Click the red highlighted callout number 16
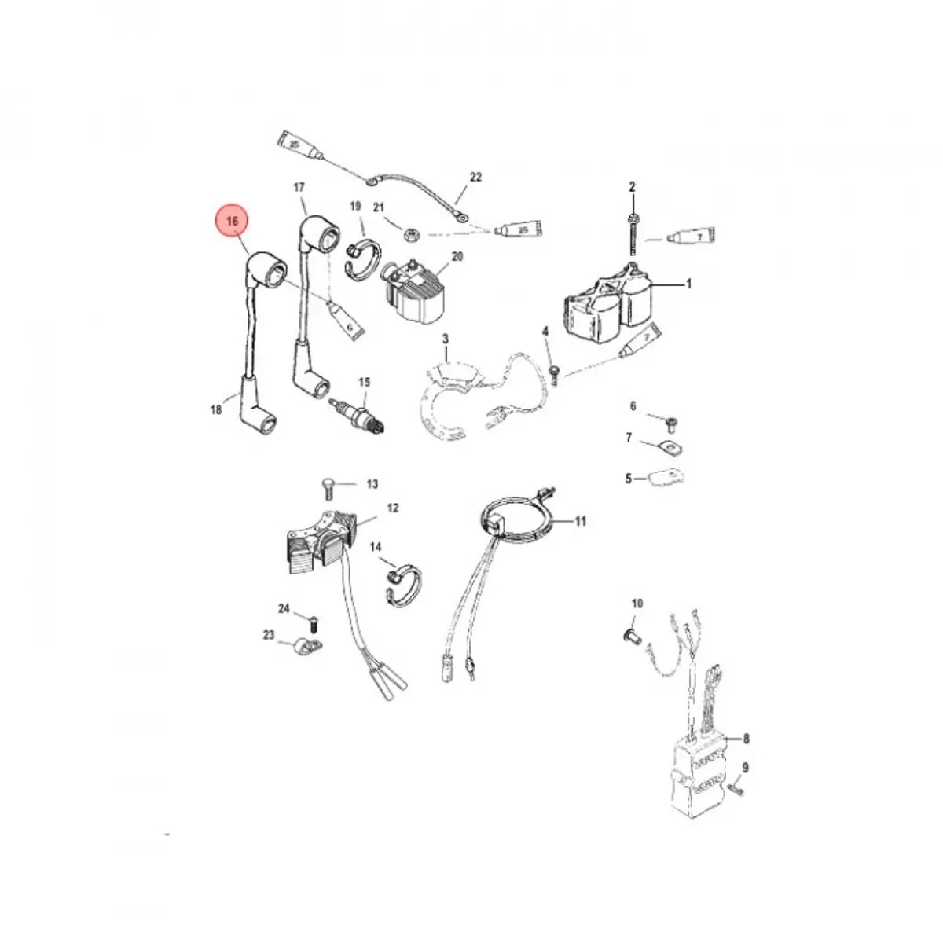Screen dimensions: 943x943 232,222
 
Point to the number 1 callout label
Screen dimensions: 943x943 689,284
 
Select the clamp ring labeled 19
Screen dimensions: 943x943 362,259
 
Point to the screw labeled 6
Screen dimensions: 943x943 670,425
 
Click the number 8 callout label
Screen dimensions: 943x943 746,739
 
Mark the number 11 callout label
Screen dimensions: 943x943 581,521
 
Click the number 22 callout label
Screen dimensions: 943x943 475,178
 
